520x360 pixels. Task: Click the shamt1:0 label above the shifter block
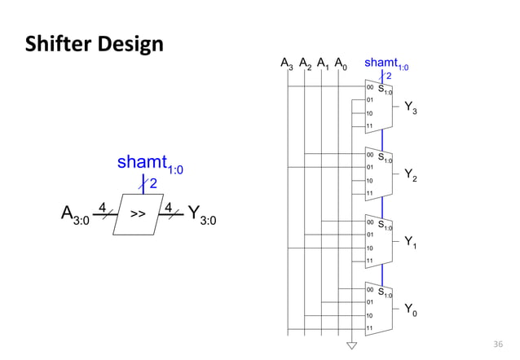[x=151, y=165]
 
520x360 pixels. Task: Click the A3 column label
[x=287, y=64]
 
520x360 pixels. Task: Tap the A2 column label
[x=305, y=64]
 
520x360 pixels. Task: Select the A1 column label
[x=323, y=64]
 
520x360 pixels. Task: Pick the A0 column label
[x=341, y=64]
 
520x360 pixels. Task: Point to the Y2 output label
[x=412, y=174]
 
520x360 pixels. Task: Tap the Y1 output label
[x=412, y=242]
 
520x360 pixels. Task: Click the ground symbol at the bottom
[x=352, y=345]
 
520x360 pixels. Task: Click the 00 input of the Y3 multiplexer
[x=370, y=86]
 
